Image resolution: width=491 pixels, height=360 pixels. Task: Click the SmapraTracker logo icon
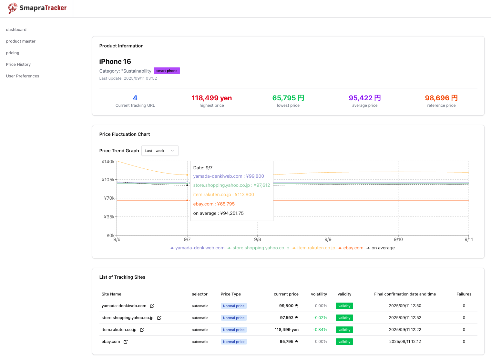click(x=13, y=8)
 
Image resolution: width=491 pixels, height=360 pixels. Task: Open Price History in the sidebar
click(x=18, y=65)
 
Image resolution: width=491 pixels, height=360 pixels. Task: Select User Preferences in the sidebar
click(x=23, y=76)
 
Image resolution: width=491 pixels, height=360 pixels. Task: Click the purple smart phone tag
click(x=167, y=71)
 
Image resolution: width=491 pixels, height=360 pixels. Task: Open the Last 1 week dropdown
click(x=160, y=151)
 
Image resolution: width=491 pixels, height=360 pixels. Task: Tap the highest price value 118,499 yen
click(x=211, y=98)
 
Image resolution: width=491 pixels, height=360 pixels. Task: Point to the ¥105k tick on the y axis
click(x=108, y=180)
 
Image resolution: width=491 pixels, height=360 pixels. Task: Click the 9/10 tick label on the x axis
click(x=398, y=239)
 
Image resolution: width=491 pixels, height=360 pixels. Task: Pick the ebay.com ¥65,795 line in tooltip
click(x=214, y=204)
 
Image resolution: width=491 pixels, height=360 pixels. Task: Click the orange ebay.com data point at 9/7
click(x=187, y=200)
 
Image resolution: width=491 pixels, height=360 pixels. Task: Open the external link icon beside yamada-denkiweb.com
click(x=152, y=306)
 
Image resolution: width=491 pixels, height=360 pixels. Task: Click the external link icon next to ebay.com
click(x=126, y=342)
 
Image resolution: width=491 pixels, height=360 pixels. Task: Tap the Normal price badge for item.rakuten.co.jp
click(x=234, y=330)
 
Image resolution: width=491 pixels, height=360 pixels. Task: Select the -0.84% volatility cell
click(x=320, y=330)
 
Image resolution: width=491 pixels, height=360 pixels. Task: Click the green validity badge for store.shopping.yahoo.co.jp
click(x=344, y=318)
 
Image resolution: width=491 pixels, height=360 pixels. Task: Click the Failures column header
click(x=464, y=294)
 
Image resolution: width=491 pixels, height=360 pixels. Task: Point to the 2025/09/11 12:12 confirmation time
click(x=405, y=342)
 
